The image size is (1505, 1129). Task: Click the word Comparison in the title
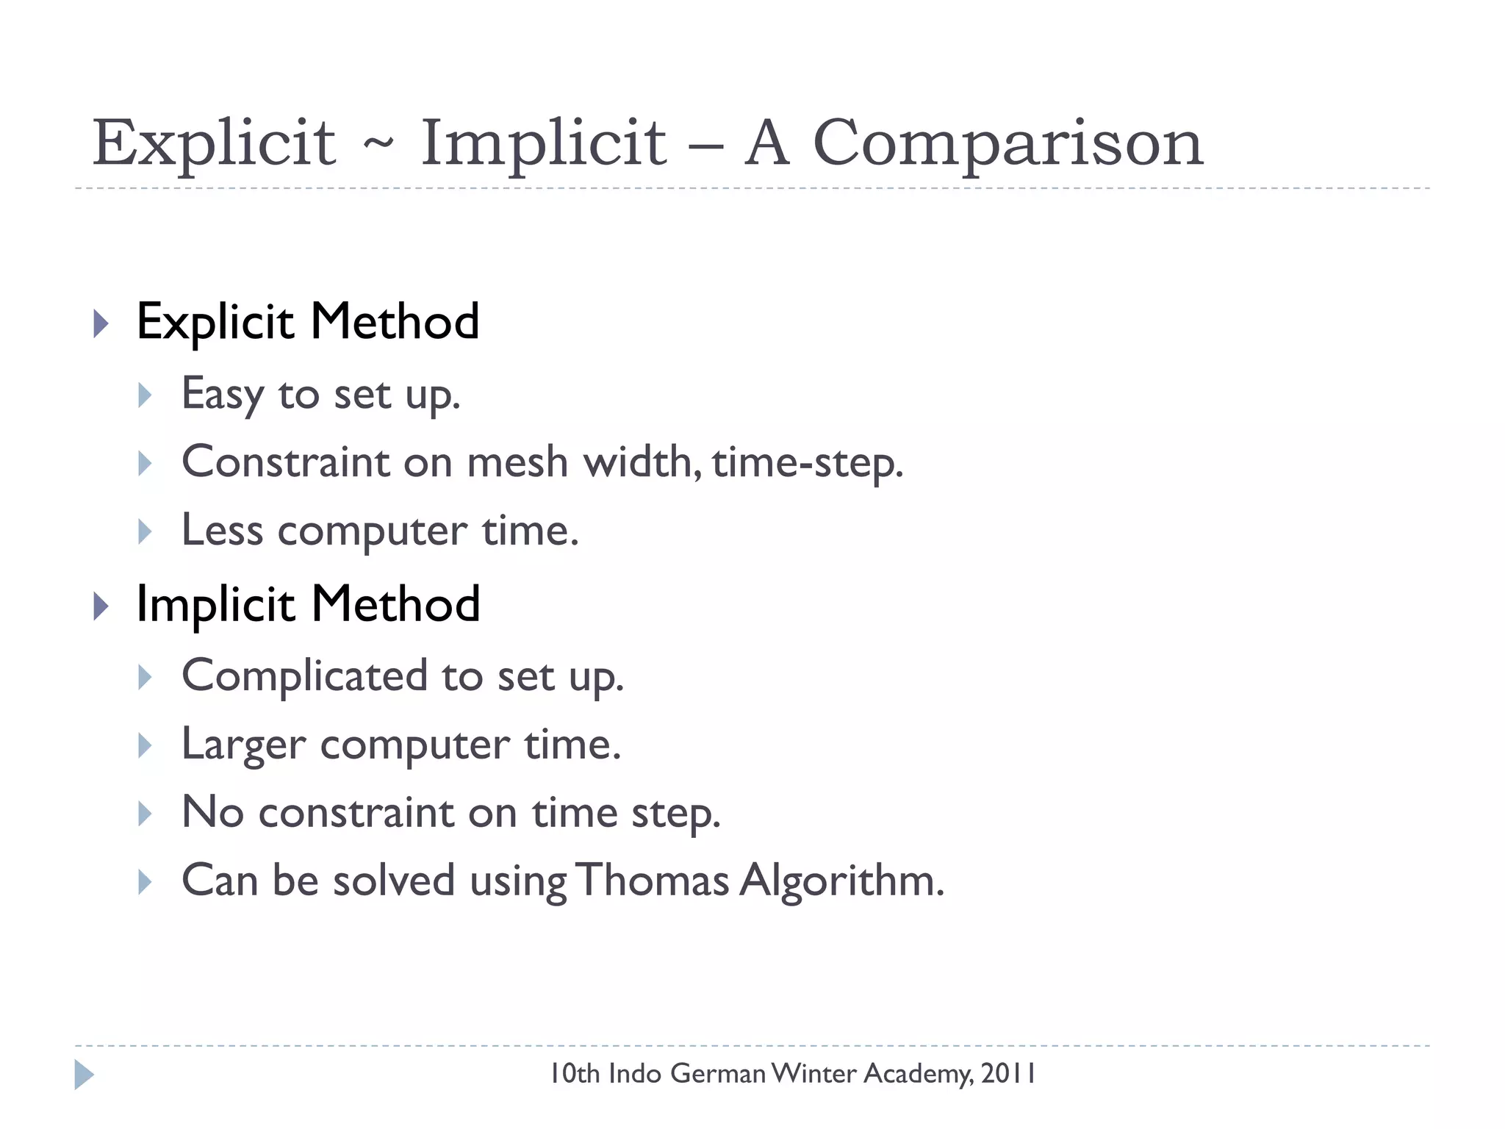pos(1007,143)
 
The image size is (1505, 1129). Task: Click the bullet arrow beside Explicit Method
pos(101,323)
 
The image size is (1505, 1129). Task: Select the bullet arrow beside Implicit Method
pos(101,606)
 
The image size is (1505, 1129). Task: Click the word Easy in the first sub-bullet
pos(222,395)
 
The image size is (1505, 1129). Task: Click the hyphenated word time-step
pos(806,464)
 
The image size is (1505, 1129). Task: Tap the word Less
pos(222,530)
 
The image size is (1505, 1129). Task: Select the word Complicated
pos(304,676)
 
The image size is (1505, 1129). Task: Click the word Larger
pos(243,745)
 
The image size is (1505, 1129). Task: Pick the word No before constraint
pos(212,812)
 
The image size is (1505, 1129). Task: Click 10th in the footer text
pos(575,1074)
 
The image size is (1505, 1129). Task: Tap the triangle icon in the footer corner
pos(84,1075)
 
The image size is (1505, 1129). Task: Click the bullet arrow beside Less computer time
pos(145,531)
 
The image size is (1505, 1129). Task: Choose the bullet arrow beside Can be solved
pos(145,881)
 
